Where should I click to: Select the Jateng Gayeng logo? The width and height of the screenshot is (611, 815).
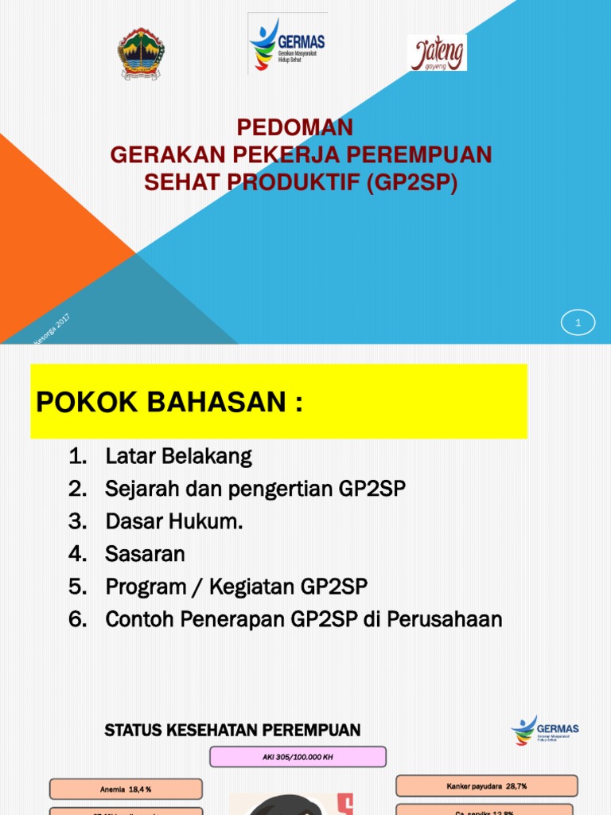click(437, 53)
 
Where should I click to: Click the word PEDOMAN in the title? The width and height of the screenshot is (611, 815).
click(295, 127)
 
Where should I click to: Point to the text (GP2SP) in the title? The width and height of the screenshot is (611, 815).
click(412, 182)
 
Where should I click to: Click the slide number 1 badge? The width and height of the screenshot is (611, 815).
click(578, 322)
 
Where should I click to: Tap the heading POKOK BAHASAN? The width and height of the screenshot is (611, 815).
click(169, 403)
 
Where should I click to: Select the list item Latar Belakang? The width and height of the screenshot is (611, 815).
click(178, 457)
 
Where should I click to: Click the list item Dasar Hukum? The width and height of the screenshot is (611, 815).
click(174, 521)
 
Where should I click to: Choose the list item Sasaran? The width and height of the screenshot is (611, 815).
click(145, 554)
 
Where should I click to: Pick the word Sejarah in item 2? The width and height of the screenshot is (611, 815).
click(138, 489)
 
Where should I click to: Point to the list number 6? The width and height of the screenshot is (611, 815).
click(76, 619)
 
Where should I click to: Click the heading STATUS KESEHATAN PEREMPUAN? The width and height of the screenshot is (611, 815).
click(232, 730)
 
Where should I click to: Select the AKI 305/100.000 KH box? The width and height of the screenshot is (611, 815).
click(298, 756)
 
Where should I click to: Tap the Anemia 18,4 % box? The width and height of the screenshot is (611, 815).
click(126, 790)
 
